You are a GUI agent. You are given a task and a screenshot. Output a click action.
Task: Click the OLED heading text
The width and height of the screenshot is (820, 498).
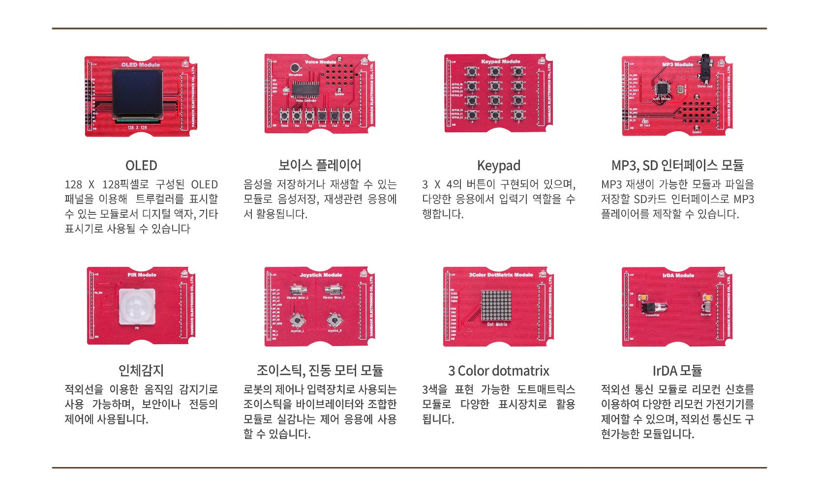141,165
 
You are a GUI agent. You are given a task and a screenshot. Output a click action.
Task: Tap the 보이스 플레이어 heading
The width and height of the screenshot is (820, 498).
320,165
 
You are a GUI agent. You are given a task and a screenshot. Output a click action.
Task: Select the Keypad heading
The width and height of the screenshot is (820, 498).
498,165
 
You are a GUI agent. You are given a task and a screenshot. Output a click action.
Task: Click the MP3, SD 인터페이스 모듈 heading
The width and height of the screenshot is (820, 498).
677,165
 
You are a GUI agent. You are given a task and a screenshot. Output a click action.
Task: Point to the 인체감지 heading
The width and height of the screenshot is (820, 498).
141,370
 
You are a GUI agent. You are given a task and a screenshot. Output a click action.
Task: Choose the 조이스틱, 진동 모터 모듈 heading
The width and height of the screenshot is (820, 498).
320,370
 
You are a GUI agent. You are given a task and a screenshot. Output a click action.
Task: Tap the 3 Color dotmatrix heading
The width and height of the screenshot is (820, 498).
498,370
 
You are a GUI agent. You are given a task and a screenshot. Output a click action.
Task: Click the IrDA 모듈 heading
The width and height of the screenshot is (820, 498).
677,370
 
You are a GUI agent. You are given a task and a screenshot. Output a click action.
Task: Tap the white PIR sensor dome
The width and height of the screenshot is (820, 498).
137,306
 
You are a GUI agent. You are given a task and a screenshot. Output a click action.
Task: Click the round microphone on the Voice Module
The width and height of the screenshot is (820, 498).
295,68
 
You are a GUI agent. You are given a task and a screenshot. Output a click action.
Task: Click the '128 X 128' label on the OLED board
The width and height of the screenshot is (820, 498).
137,128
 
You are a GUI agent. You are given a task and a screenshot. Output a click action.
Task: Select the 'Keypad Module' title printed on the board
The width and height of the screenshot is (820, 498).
501,62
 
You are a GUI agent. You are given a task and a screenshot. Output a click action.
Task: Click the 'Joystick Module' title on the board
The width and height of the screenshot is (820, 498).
321,275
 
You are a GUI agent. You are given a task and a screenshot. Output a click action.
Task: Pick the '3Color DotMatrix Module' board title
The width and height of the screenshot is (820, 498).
501,275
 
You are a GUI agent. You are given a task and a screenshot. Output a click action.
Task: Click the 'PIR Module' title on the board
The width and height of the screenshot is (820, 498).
142,275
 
